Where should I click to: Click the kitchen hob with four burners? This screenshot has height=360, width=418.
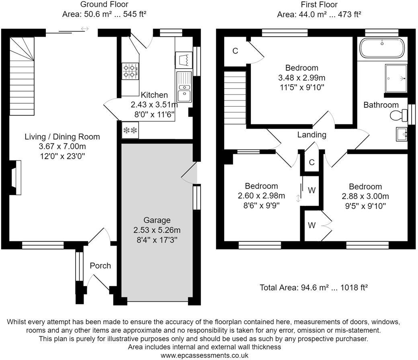click(x=130, y=71)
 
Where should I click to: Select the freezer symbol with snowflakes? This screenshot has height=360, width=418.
click(x=130, y=130)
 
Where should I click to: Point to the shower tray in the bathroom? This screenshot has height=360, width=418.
click(x=396, y=79)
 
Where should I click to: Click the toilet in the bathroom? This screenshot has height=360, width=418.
click(x=398, y=116)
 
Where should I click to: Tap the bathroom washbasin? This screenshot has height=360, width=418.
click(x=401, y=134)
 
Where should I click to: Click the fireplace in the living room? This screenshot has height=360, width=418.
click(x=16, y=177)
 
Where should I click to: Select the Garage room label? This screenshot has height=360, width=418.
click(x=157, y=220)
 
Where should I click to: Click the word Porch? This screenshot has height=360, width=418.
click(x=100, y=266)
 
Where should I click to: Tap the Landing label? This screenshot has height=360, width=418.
click(x=311, y=135)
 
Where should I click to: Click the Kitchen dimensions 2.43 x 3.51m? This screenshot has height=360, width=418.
click(x=154, y=104)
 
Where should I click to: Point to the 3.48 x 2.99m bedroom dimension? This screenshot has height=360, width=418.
click(x=301, y=77)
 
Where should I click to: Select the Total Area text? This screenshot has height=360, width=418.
click(x=314, y=287)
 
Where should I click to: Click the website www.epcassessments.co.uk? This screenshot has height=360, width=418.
click(x=204, y=356)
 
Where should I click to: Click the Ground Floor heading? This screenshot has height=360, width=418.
click(x=104, y=4)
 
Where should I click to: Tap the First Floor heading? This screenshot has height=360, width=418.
click(x=319, y=4)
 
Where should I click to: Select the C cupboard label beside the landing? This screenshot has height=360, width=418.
click(x=311, y=163)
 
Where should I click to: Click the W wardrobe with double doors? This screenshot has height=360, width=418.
click(x=312, y=225)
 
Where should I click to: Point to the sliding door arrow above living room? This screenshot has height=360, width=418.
click(x=84, y=29)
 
